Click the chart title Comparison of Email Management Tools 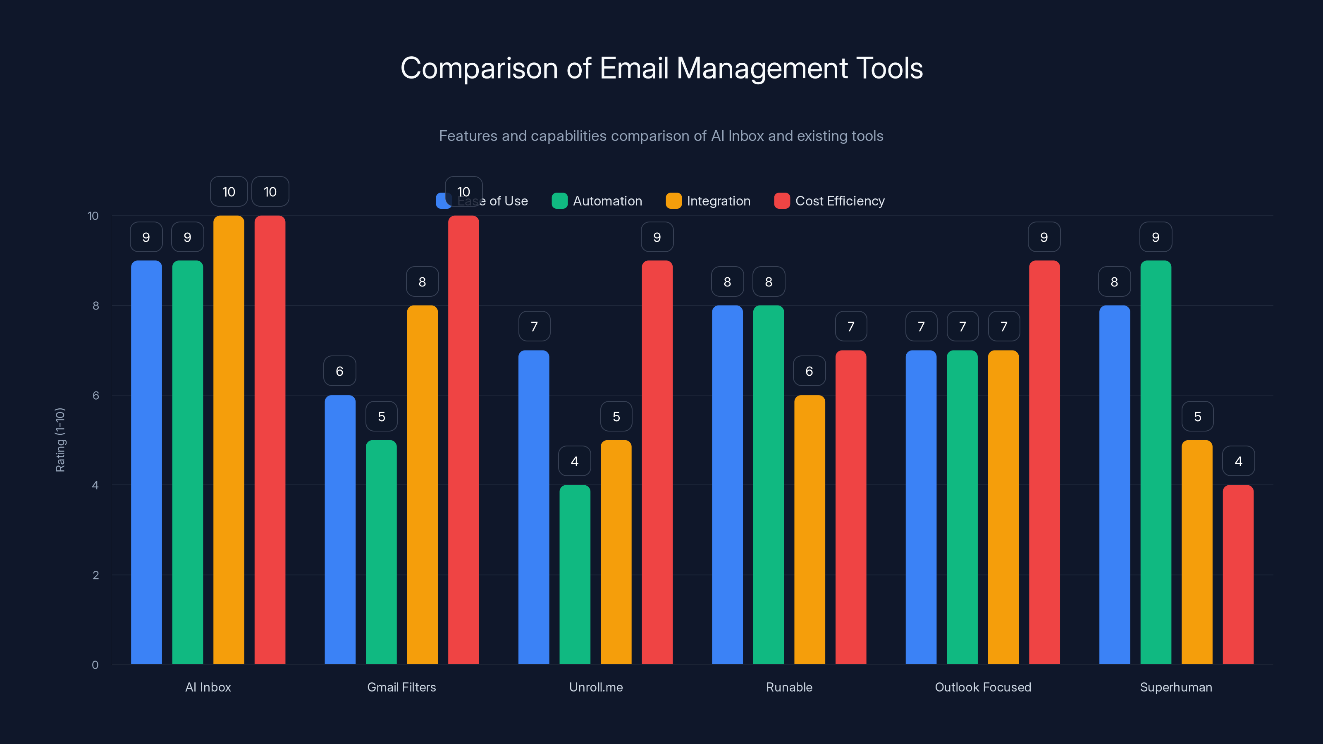661,68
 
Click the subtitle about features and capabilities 661,136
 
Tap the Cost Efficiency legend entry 829,201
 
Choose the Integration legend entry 708,201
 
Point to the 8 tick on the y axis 96,306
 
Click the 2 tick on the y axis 96,575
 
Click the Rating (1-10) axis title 60,440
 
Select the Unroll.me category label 596,687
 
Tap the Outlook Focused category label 982,687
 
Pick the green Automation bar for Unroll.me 575,575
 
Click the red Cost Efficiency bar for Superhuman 1238,575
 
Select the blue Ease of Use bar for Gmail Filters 340,529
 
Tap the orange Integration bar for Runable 810,529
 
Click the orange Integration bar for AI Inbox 229,440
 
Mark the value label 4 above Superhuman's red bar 1238,461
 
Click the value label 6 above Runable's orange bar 809,371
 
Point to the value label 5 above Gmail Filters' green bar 381,416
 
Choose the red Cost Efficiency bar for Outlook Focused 1044,462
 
